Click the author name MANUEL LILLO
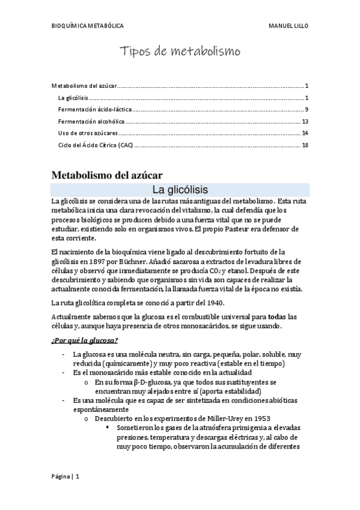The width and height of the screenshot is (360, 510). tap(288, 26)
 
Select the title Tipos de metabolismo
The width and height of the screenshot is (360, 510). tap(180, 52)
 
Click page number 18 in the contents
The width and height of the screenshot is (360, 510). tap(305, 145)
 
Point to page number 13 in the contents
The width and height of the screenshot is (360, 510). tap(305, 121)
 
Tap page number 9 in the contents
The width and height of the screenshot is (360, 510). tap(307, 109)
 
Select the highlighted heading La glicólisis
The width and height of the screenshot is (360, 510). tap(180, 189)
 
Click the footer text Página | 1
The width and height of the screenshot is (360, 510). tap(64, 476)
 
